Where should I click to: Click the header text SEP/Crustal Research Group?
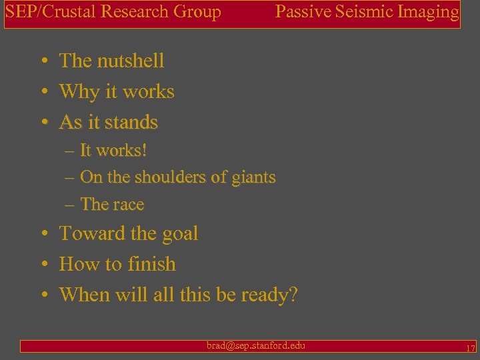113,12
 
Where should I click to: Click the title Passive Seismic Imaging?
367,12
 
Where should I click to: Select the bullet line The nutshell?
111,61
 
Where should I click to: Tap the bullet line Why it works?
117,91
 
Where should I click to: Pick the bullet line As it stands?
109,122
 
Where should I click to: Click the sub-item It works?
113,151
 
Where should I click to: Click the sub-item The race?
112,205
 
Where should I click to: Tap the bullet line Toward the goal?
129,233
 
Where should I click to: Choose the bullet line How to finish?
117,264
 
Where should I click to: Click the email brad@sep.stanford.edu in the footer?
256,345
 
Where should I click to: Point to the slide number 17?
471,348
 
